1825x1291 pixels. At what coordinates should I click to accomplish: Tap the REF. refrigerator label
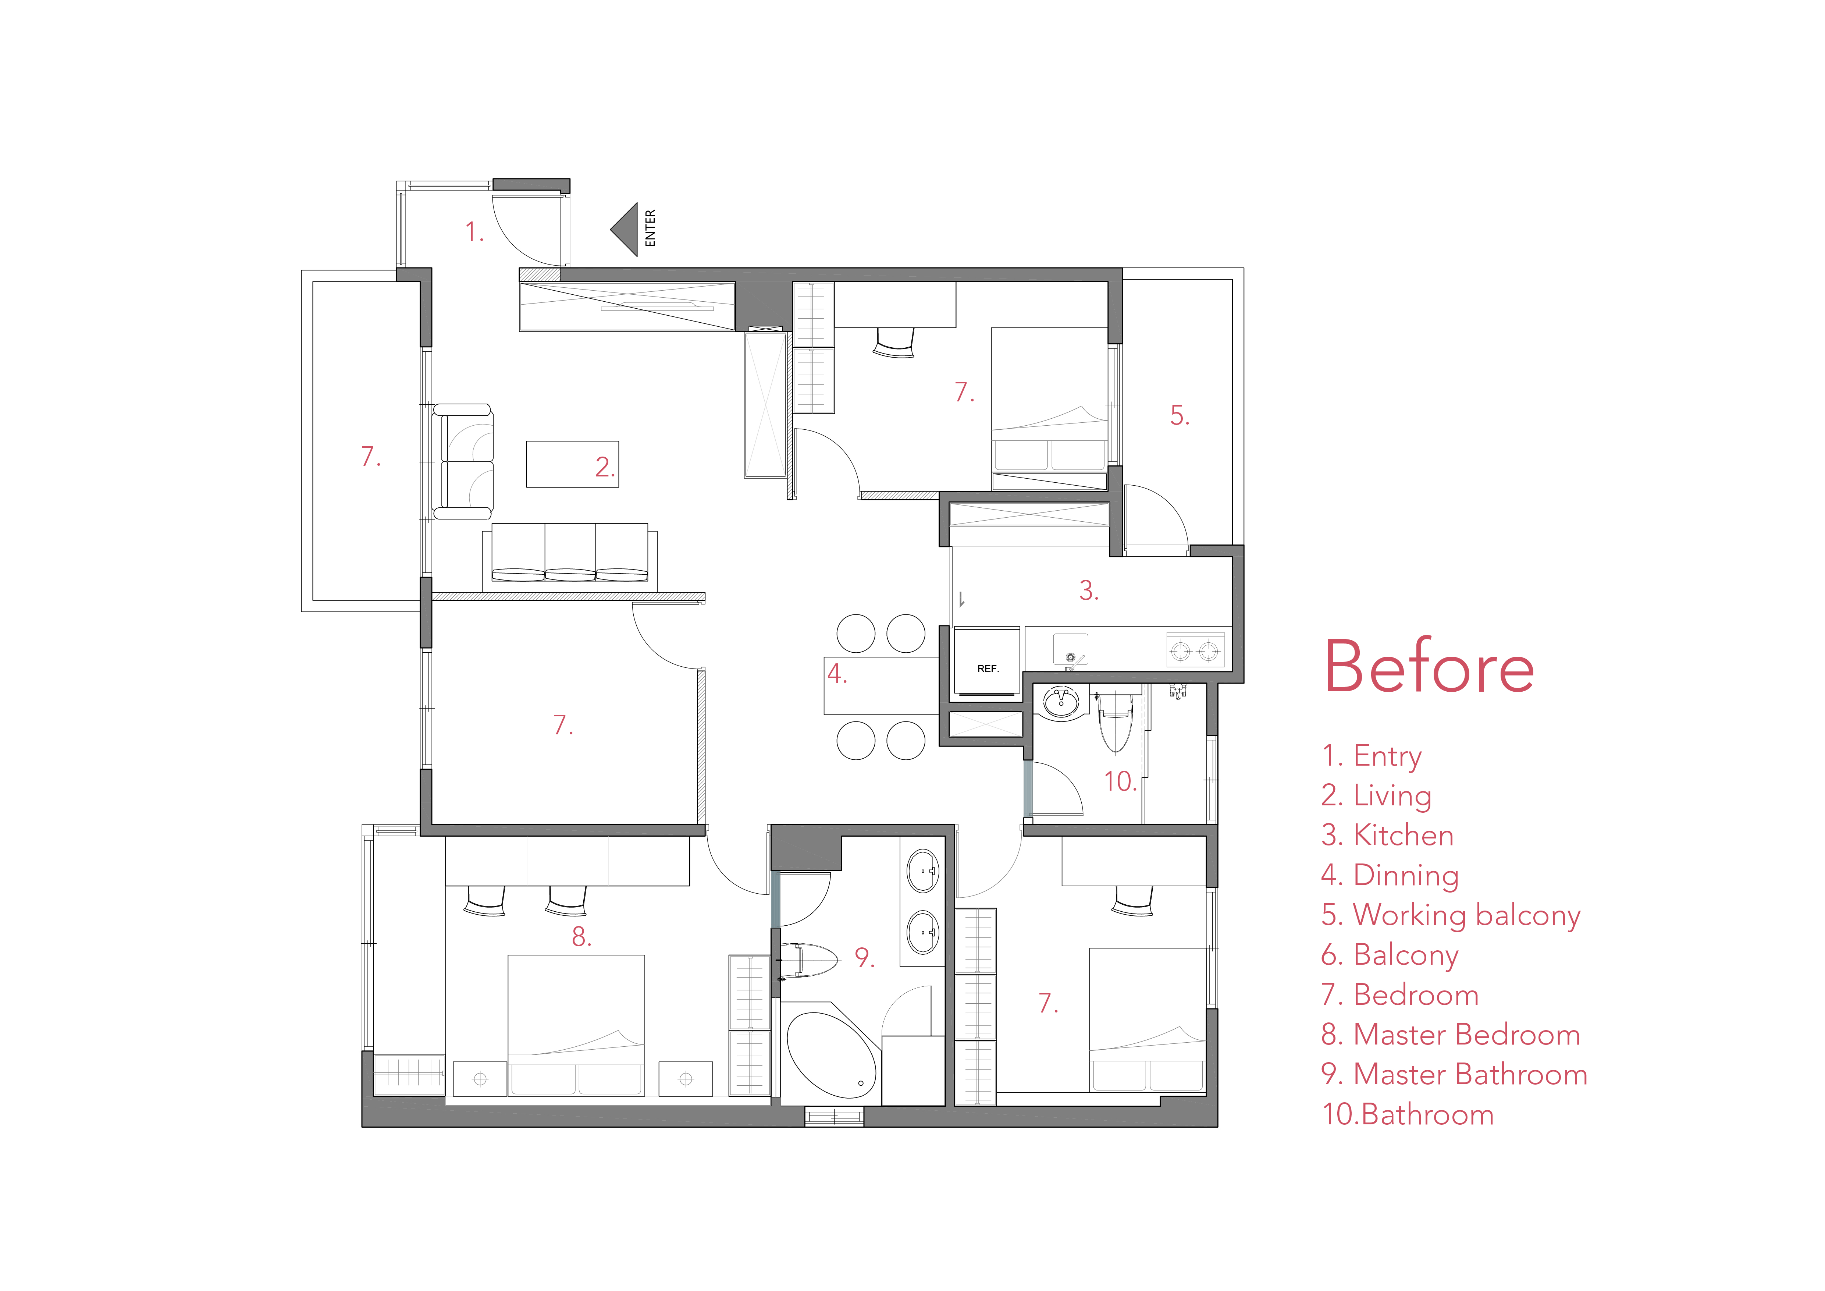coord(987,668)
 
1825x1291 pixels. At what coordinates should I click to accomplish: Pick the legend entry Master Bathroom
coord(1454,1075)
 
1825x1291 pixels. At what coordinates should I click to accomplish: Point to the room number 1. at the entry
coord(474,232)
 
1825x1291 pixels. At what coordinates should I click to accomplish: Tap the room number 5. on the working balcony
coord(1180,415)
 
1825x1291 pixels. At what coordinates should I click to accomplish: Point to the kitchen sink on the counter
coord(1071,649)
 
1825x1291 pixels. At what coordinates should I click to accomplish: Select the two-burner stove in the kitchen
coord(1195,650)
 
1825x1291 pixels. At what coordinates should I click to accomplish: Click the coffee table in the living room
coord(572,464)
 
